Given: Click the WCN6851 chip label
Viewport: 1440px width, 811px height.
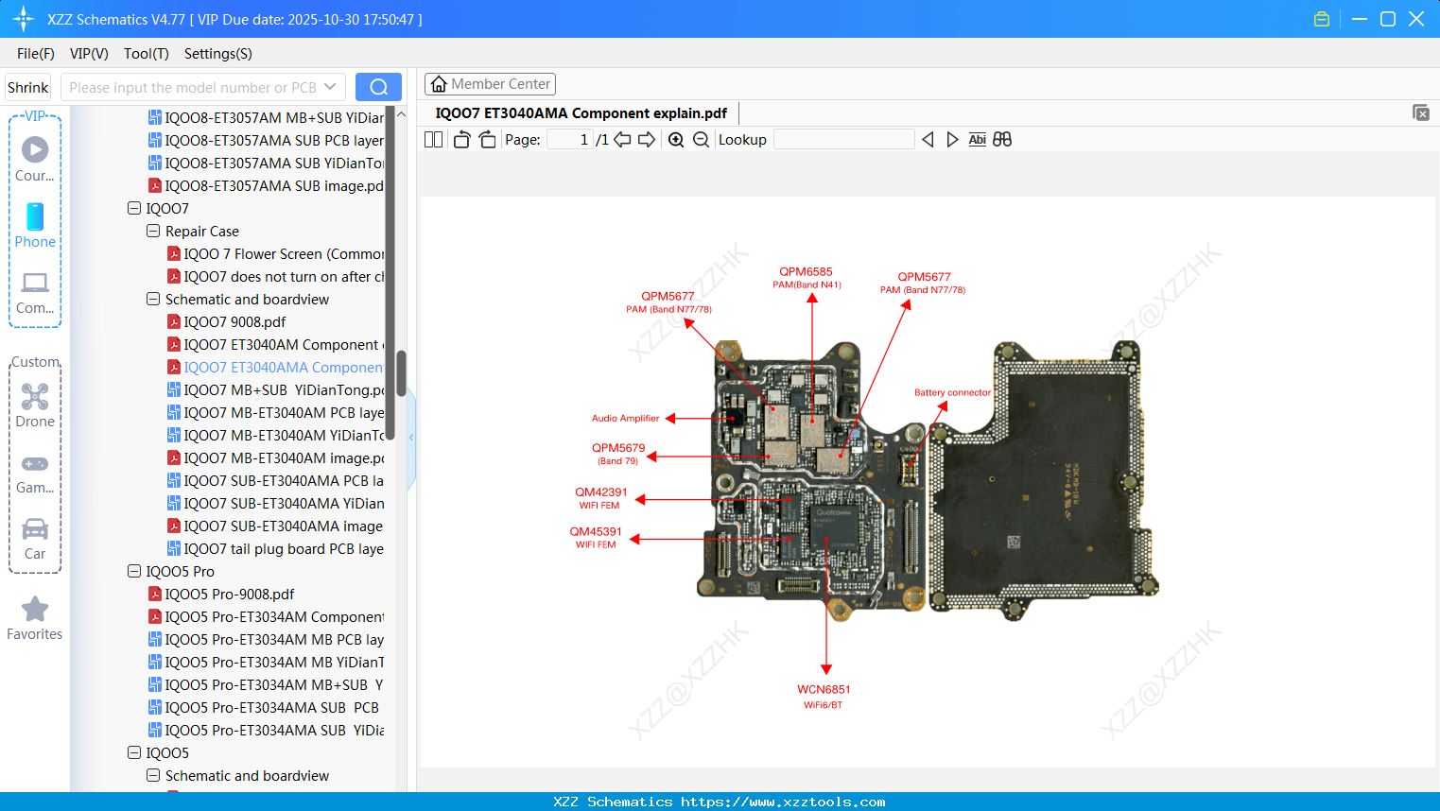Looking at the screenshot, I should pyautogui.click(x=824, y=690).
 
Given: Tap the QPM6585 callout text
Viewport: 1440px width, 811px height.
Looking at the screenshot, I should pyautogui.click(x=806, y=272).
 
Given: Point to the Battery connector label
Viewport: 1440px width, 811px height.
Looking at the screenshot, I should pyautogui.click(x=952, y=392).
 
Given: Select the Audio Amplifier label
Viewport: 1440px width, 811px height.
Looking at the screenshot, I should pyautogui.click(x=625, y=418).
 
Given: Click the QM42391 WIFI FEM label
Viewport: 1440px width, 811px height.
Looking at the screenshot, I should pyautogui.click(x=601, y=492).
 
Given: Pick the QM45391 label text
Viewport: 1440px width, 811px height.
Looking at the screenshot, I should pyautogui.click(x=596, y=532).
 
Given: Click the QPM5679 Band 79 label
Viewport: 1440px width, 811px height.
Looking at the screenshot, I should pyautogui.click(x=618, y=448).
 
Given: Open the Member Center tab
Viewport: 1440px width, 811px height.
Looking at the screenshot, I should pyautogui.click(x=490, y=84).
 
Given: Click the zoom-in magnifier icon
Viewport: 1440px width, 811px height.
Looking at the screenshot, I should pyautogui.click(x=676, y=140).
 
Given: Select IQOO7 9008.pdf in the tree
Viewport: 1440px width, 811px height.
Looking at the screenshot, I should pyautogui.click(x=234, y=322).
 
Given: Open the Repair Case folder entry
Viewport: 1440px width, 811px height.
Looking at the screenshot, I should pyautogui.click(x=201, y=232).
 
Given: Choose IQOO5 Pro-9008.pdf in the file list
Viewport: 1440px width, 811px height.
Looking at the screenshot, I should pyautogui.click(x=229, y=595).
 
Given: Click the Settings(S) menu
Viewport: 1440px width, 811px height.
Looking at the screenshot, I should pyautogui.click(x=217, y=54).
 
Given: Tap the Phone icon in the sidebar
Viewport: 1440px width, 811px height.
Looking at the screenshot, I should pyautogui.click(x=35, y=225).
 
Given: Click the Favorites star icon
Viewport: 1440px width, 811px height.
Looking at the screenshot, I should pyautogui.click(x=35, y=611).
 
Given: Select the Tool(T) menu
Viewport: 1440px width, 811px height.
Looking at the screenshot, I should pyautogui.click(x=146, y=54).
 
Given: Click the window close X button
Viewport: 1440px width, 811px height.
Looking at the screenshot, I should pyautogui.click(x=1416, y=19).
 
